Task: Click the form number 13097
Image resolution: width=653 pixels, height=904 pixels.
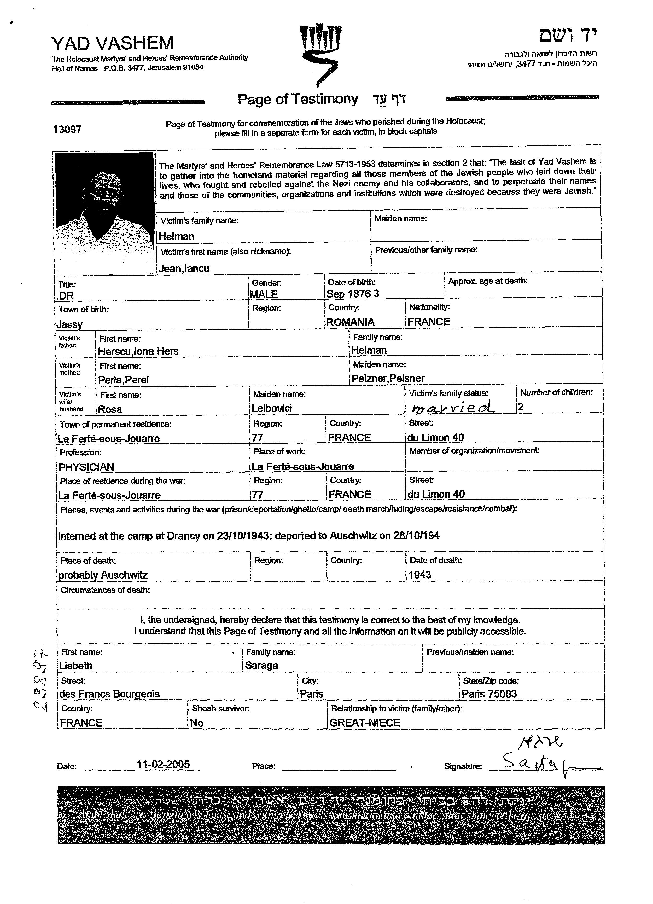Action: pos(67,129)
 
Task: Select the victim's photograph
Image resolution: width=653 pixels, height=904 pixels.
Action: pos(104,213)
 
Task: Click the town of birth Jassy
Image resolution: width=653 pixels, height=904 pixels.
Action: pos(69,324)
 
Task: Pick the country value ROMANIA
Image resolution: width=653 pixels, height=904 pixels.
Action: pos(350,322)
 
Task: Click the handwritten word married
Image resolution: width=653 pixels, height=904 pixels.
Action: pos(453,407)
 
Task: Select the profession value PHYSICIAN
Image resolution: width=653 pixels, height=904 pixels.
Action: pos(86,467)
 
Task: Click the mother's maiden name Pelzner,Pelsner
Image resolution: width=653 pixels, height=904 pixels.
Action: pos(388,378)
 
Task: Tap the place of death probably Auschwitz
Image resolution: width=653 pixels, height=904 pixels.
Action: pos(103,575)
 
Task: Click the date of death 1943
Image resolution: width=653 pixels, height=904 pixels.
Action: pos(419,574)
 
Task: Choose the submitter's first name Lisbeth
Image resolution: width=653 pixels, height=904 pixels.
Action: pos(76,666)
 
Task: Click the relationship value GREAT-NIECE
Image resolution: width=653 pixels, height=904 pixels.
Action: pos(364,723)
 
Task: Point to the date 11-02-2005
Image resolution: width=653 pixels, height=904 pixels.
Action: pos(163,764)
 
